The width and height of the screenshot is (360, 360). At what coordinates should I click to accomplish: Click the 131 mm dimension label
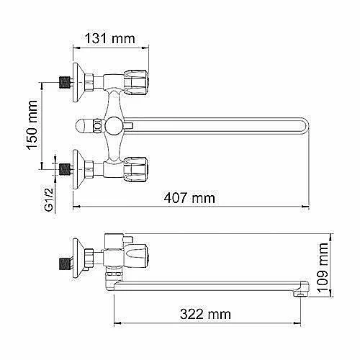click(x=110, y=39)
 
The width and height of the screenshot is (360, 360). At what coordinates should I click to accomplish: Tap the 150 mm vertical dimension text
click(x=32, y=125)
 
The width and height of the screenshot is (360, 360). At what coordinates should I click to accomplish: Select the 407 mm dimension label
click(x=189, y=198)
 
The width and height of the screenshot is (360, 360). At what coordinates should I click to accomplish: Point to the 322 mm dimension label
click(x=205, y=314)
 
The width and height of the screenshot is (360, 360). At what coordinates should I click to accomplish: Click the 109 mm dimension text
click(x=323, y=268)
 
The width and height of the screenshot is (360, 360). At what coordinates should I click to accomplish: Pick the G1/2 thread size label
click(x=49, y=200)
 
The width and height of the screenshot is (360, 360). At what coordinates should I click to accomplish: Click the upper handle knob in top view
click(x=135, y=83)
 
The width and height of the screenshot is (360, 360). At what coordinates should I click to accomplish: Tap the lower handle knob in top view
click(x=135, y=170)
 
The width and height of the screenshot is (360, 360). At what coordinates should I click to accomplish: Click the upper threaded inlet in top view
click(x=65, y=82)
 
